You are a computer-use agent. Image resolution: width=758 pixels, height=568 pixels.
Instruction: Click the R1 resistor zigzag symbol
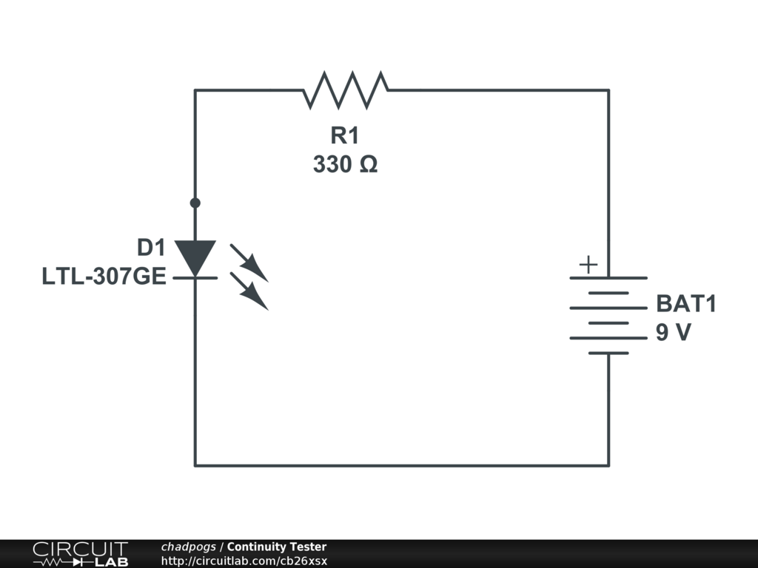pyautogui.click(x=345, y=89)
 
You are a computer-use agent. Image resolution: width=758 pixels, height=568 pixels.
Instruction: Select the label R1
pyautogui.click(x=345, y=135)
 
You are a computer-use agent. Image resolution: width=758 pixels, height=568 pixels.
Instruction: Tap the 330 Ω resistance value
pyautogui.click(x=345, y=164)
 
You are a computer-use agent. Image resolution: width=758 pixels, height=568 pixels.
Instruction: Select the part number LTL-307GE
pyautogui.click(x=104, y=278)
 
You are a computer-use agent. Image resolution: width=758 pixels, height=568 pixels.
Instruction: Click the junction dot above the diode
pyautogui.click(x=195, y=203)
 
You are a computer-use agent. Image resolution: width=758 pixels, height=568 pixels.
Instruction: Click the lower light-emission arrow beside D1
pyautogui.click(x=249, y=290)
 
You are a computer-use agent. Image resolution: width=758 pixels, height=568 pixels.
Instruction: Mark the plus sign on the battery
pyautogui.click(x=588, y=265)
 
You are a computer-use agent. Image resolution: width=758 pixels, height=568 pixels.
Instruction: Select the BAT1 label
pyautogui.click(x=686, y=305)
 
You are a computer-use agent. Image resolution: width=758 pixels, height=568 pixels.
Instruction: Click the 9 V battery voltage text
pyautogui.click(x=673, y=334)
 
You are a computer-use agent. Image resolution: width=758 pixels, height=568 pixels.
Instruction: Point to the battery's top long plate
pyautogui.click(x=608, y=278)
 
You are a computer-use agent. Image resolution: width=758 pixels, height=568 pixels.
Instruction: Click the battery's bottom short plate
pyautogui.click(x=608, y=353)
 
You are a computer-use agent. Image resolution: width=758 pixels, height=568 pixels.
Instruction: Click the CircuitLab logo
pyautogui.click(x=80, y=553)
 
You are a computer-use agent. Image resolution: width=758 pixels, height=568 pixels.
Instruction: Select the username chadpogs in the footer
pyautogui.click(x=189, y=547)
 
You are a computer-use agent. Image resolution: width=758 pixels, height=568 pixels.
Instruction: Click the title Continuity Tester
pyautogui.click(x=277, y=547)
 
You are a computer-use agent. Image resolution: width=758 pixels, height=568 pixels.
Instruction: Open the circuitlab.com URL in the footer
pyautogui.click(x=244, y=561)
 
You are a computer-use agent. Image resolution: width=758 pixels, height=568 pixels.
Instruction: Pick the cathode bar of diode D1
pyautogui.click(x=195, y=277)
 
